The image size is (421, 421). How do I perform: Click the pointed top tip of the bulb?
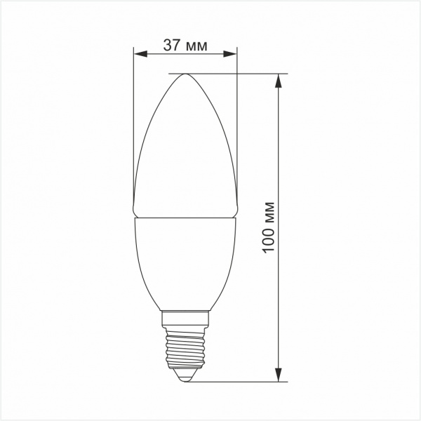[185, 74]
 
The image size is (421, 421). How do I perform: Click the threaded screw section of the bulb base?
[185, 348]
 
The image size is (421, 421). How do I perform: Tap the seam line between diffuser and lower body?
[185, 218]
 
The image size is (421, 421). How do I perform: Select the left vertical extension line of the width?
[133, 126]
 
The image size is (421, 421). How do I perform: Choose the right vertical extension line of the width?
[237, 126]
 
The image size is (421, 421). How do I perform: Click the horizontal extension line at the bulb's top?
[232, 73]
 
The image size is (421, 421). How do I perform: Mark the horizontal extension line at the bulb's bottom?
[239, 382]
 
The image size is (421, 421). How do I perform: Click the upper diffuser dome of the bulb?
[185, 147]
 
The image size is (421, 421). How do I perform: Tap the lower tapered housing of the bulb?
[185, 263]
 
